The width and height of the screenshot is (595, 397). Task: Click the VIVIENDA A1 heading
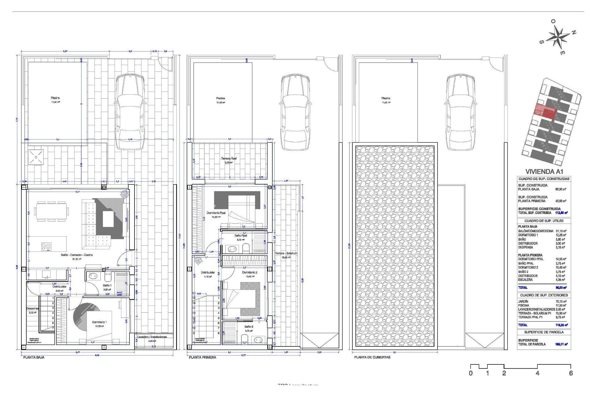544,172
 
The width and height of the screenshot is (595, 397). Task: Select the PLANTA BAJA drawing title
34,357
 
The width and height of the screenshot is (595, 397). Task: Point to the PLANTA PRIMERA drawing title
202,357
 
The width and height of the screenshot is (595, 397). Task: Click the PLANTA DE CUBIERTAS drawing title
372,357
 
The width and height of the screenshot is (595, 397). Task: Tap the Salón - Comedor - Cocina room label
77,255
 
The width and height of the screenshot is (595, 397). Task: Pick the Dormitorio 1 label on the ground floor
99,322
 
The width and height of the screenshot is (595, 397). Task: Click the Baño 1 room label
107,285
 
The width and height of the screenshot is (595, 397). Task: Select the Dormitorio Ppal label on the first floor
216,213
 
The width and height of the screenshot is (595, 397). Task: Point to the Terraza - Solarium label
286,253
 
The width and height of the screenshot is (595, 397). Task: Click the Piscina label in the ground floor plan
55,98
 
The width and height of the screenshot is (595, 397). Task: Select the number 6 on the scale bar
571,373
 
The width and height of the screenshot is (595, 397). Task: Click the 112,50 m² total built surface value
561,213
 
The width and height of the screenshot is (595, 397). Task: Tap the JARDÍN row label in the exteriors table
523,301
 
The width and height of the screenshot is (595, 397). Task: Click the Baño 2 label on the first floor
249,327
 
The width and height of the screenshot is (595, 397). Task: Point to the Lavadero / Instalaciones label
152,337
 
